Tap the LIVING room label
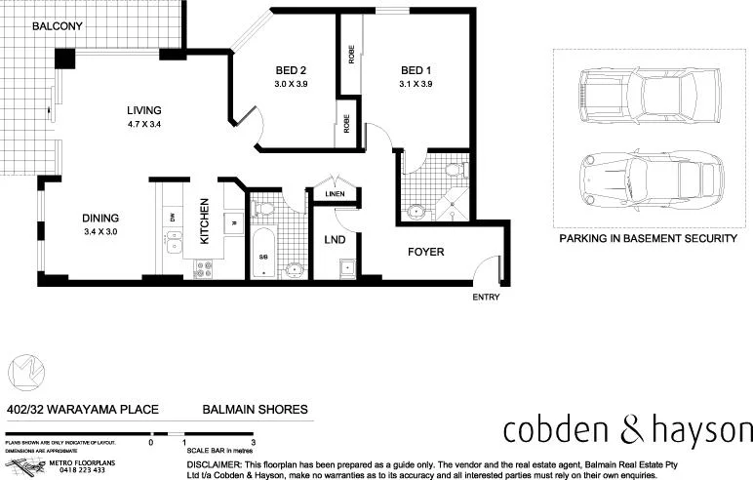142,110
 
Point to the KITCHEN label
205,220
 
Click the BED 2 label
291,70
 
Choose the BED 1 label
416,70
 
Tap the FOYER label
425,252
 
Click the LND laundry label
334,238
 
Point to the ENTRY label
486,297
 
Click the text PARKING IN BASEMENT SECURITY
647,238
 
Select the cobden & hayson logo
627,430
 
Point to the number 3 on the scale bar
253,442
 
